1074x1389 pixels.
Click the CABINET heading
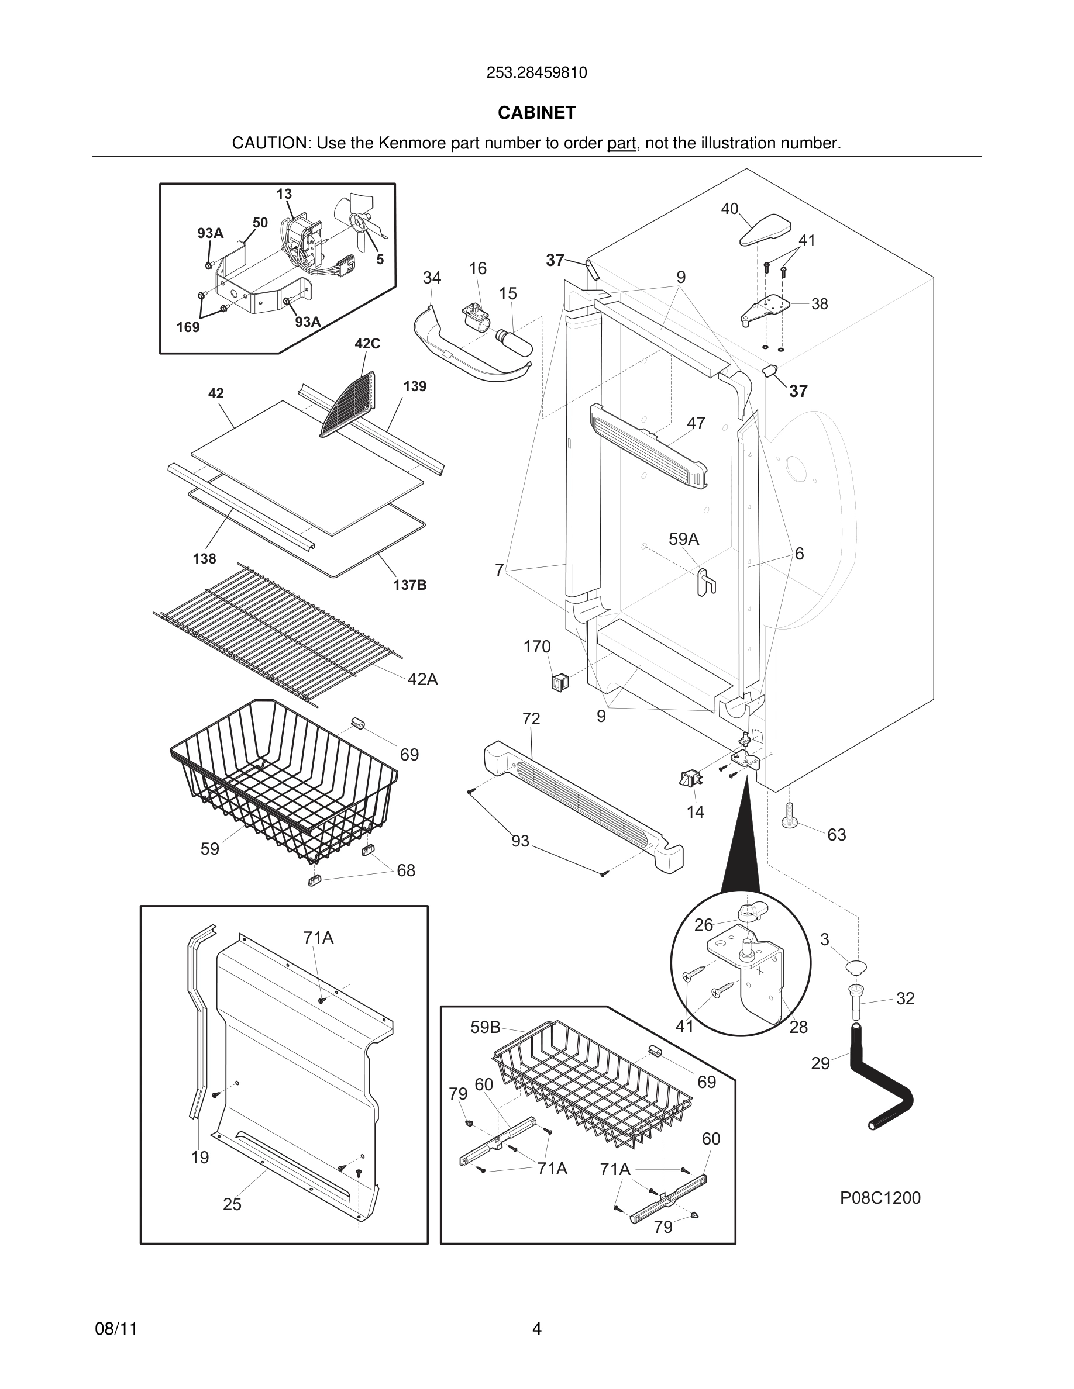click(x=536, y=113)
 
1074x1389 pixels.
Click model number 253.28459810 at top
click(x=536, y=73)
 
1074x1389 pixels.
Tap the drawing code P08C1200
click(x=880, y=1198)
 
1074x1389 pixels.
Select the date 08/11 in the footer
click(x=116, y=1329)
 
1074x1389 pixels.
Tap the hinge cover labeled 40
click(x=765, y=231)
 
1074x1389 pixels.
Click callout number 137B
click(x=409, y=585)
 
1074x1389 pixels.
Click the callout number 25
click(x=232, y=1204)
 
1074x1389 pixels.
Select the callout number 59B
click(x=485, y=1027)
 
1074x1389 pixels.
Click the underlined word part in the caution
click(x=621, y=144)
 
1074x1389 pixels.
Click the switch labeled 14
click(x=690, y=779)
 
